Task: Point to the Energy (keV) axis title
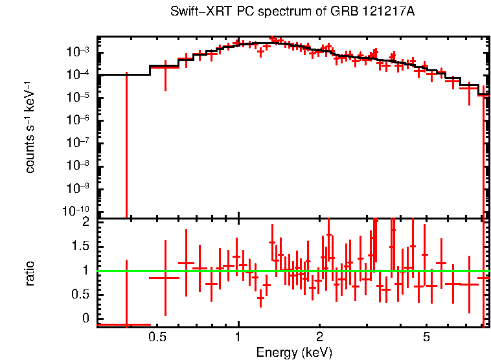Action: (x=294, y=352)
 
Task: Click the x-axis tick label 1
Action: (x=238, y=337)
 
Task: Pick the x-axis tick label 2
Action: (x=319, y=337)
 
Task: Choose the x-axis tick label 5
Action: (x=426, y=337)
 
